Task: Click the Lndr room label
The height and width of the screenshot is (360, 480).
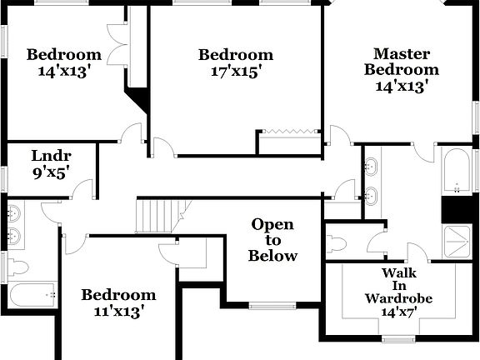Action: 51,156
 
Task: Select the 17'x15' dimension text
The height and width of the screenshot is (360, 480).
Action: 236,72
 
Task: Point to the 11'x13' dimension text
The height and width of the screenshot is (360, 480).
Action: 117,312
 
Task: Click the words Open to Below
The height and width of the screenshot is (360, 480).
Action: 273,240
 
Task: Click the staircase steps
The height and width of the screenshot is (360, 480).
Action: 157,217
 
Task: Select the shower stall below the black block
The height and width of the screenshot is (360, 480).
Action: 457,241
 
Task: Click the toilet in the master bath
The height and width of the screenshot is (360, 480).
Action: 338,244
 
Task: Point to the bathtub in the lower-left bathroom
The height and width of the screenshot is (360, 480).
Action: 32,294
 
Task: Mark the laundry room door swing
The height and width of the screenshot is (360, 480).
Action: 82,189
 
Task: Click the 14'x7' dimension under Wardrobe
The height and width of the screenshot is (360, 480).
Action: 400,312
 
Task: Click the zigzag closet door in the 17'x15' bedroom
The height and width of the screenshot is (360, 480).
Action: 287,131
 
